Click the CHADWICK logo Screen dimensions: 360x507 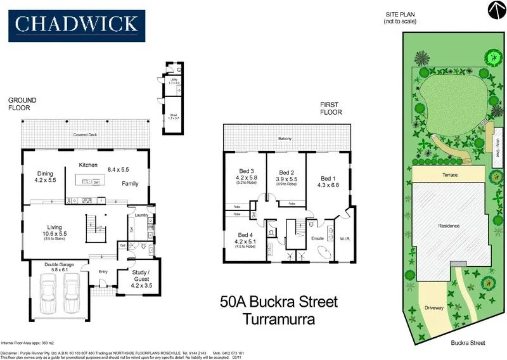point(76,24)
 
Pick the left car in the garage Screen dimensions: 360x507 point(49,295)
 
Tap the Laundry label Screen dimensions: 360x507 point(141,214)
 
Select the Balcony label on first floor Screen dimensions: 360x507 point(287,138)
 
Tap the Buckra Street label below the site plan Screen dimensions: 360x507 point(468,342)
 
